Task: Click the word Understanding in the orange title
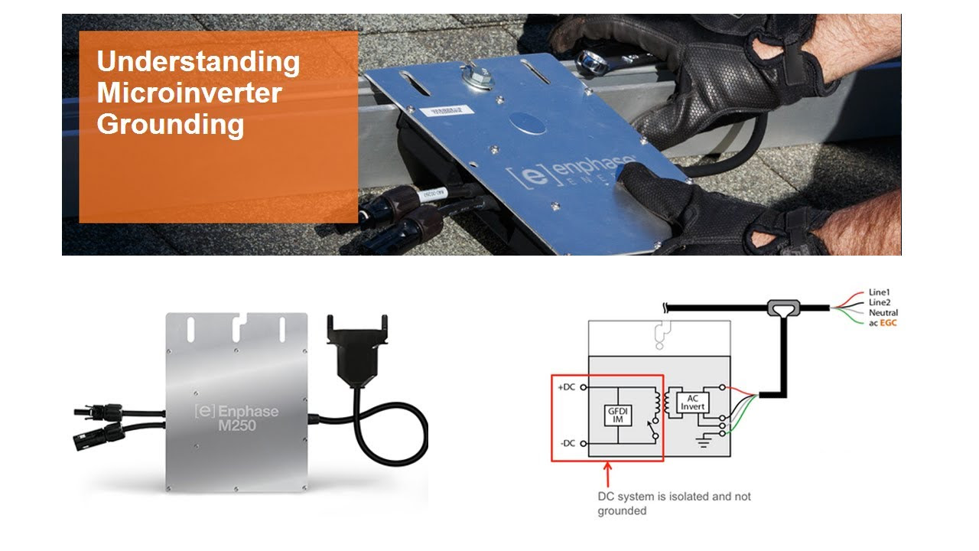198,62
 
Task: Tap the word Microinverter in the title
189,93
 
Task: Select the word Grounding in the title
171,125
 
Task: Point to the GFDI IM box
617,415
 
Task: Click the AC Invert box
692,403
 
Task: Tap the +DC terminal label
567,387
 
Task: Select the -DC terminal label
568,443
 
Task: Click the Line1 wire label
880,292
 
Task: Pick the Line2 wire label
880,302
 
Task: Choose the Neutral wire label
883,313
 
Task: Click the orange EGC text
888,323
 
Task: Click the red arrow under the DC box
607,474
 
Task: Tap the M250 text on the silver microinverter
237,425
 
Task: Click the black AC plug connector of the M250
357,350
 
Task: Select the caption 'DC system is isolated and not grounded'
674,504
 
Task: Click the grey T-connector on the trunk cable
784,308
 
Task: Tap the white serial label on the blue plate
447,111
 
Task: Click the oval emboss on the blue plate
528,123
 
